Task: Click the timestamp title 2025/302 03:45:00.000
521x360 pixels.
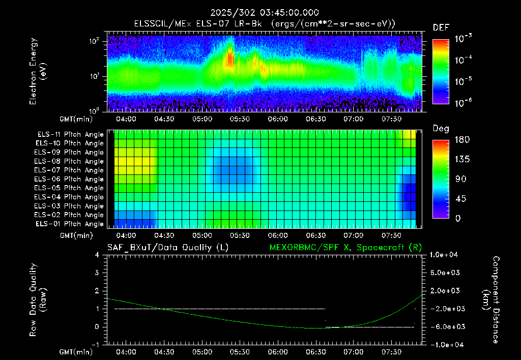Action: coord(265,13)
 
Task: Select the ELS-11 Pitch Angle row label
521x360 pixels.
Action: coord(70,135)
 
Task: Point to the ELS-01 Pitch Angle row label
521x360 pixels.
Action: coord(70,224)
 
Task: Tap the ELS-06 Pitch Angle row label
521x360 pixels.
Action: coord(69,179)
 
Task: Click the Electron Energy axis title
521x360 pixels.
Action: coord(38,71)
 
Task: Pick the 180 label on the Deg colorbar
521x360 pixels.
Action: coord(462,139)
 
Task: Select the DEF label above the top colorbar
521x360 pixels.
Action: coord(441,27)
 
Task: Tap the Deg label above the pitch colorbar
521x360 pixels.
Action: coord(441,129)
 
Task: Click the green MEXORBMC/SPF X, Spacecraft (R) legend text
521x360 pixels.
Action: coord(345,248)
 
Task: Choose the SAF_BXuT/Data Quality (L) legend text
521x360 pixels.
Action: coord(168,248)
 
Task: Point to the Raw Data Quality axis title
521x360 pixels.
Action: coord(38,299)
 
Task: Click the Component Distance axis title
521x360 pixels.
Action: coord(491,299)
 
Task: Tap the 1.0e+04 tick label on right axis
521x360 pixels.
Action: coord(444,255)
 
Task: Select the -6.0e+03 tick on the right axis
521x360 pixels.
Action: coord(444,327)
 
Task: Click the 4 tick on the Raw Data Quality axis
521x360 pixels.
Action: coord(97,255)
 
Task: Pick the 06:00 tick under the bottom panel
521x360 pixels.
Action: coord(278,352)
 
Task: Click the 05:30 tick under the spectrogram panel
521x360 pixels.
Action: coord(240,119)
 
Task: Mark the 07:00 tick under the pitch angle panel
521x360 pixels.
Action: coord(354,235)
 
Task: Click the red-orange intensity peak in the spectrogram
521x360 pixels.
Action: coord(229,59)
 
